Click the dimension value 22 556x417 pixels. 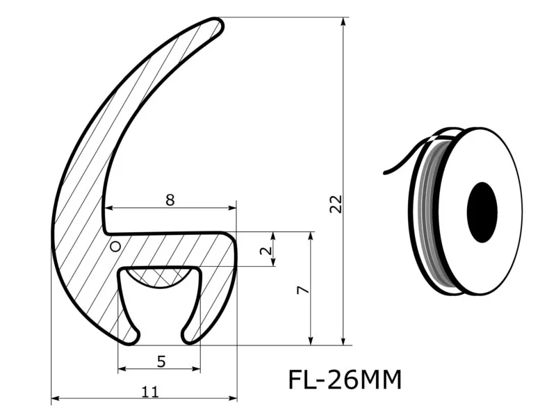[336, 204]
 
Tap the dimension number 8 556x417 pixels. [170, 200]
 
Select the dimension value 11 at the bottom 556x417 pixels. [150, 392]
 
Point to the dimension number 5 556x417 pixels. [161, 361]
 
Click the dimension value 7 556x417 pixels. [303, 291]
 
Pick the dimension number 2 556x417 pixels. [266, 250]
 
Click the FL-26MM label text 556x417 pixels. [345, 379]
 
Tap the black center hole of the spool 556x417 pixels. [482, 213]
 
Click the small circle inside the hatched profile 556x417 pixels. [115, 246]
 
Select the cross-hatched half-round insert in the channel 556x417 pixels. [159, 276]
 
